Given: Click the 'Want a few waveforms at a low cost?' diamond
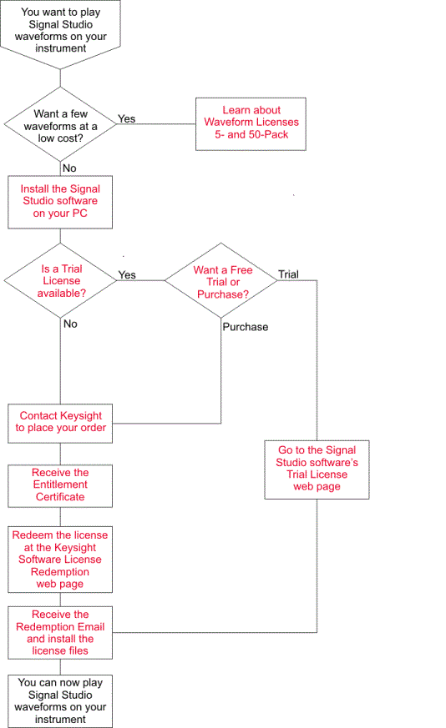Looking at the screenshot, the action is [x=60, y=124].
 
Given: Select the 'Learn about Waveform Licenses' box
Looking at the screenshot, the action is [x=251, y=124].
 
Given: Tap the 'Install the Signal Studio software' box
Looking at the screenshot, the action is [x=60, y=202].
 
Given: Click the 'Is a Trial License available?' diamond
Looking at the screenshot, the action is [x=60, y=280].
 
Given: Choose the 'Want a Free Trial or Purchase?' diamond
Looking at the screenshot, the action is [x=221, y=280].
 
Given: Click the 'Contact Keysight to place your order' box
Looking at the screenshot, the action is [x=60, y=424].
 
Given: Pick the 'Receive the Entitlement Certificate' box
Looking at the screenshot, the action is [x=60, y=485].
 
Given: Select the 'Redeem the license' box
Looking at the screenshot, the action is [x=60, y=559].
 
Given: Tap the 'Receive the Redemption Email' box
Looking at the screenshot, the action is [x=60, y=632].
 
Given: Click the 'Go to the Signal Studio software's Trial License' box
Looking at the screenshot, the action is [x=317, y=469].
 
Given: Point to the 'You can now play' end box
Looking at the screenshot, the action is [x=60, y=701].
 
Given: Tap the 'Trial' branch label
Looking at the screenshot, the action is [x=288, y=274].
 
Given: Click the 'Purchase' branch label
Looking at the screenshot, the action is [x=246, y=327].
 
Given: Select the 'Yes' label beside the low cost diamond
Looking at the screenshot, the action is [x=126, y=119].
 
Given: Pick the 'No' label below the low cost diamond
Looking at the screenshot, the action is [x=69, y=168].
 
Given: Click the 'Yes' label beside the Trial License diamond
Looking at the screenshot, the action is [x=127, y=275].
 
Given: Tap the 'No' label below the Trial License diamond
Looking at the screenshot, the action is [x=70, y=324].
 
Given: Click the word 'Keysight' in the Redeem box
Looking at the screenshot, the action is [x=75, y=548].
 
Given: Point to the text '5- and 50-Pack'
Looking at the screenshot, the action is [x=251, y=134].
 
